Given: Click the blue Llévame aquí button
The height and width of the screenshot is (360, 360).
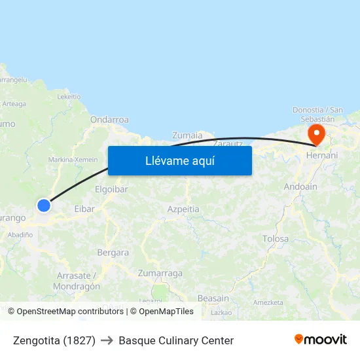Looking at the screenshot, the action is click(x=180, y=160).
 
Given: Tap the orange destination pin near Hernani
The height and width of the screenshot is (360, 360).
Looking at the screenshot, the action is click(x=317, y=135).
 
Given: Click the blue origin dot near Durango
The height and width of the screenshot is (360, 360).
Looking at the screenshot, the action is click(x=44, y=206).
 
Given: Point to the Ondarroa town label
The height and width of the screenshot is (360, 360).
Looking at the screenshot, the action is click(x=109, y=120).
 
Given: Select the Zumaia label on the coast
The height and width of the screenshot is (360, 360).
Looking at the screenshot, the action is click(x=187, y=135).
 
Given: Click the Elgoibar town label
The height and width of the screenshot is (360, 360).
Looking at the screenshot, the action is click(x=111, y=189).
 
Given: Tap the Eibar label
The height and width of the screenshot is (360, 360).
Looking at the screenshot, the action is click(x=84, y=209).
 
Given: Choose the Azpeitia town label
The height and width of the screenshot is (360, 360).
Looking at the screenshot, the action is click(x=183, y=209).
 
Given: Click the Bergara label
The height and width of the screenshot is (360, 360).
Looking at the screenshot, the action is click(x=113, y=252).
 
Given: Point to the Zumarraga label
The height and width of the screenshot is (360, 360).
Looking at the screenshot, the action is click(x=160, y=273).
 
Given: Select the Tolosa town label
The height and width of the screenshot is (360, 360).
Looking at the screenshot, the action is click(x=275, y=239).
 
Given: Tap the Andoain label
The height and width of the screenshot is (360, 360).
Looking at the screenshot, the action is click(x=300, y=187).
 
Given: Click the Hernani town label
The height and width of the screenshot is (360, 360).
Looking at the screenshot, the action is click(x=322, y=155).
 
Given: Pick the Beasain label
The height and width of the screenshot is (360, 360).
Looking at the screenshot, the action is click(x=213, y=298).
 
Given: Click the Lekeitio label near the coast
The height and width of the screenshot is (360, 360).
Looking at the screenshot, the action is click(x=69, y=96).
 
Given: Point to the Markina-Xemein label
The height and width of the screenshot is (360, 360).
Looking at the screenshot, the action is click(x=73, y=160).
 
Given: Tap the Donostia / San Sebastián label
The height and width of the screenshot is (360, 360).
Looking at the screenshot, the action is click(x=317, y=114).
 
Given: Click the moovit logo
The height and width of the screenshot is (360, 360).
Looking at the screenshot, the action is click(x=321, y=340).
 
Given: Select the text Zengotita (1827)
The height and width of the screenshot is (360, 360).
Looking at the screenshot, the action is click(x=54, y=340).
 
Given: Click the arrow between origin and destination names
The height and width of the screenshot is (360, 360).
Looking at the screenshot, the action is click(x=107, y=340).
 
